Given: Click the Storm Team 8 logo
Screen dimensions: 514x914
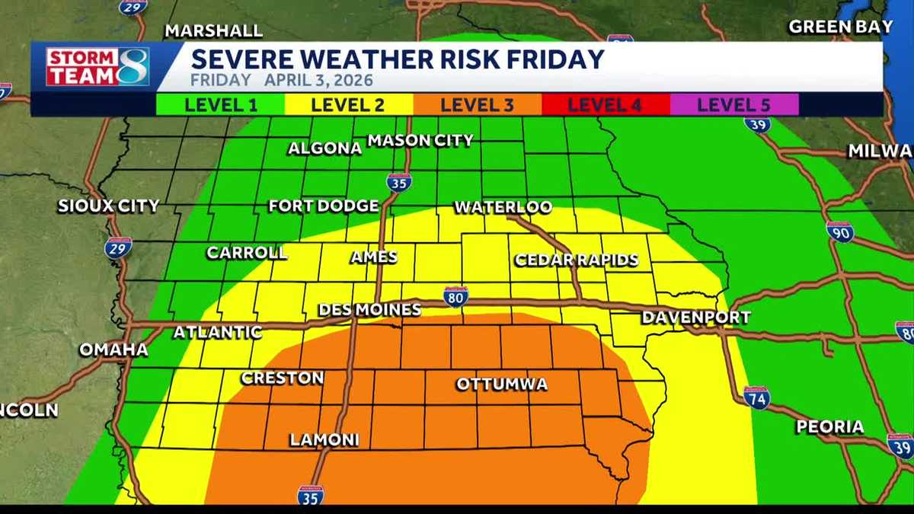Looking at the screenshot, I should (x=97, y=66).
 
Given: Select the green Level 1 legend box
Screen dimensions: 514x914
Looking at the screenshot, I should (x=220, y=104).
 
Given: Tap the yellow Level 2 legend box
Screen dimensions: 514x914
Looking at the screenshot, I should (x=348, y=104).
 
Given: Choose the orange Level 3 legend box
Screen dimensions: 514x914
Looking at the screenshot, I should (x=477, y=104).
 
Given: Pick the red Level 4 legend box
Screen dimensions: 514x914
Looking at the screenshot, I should (x=606, y=104).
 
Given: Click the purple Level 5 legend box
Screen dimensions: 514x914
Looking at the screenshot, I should (x=733, y=104).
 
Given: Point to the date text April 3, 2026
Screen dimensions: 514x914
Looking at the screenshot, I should (x=319, y=80).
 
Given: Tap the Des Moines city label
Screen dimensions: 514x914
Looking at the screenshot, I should (x=369, y=309).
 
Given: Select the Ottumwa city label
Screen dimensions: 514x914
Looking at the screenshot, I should (x=502, y=384).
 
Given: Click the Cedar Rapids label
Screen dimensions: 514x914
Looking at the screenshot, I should (x=577, y=260).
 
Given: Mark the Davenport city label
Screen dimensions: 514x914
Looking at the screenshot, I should (x=696, y=318).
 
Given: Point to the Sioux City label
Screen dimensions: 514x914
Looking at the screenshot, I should (x=109, y=206).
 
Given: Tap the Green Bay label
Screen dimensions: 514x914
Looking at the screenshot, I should (x=841, y=27).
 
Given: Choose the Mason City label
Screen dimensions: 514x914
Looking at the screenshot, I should (x=420, y=140).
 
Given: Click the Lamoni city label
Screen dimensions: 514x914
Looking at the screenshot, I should (x=324, y=440).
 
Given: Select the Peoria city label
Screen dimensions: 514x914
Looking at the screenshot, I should (x=830, y=426).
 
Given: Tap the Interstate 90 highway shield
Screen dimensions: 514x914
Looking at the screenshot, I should (x=840, y=231).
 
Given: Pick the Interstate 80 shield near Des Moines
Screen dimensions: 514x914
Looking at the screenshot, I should (x=455, y=297).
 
